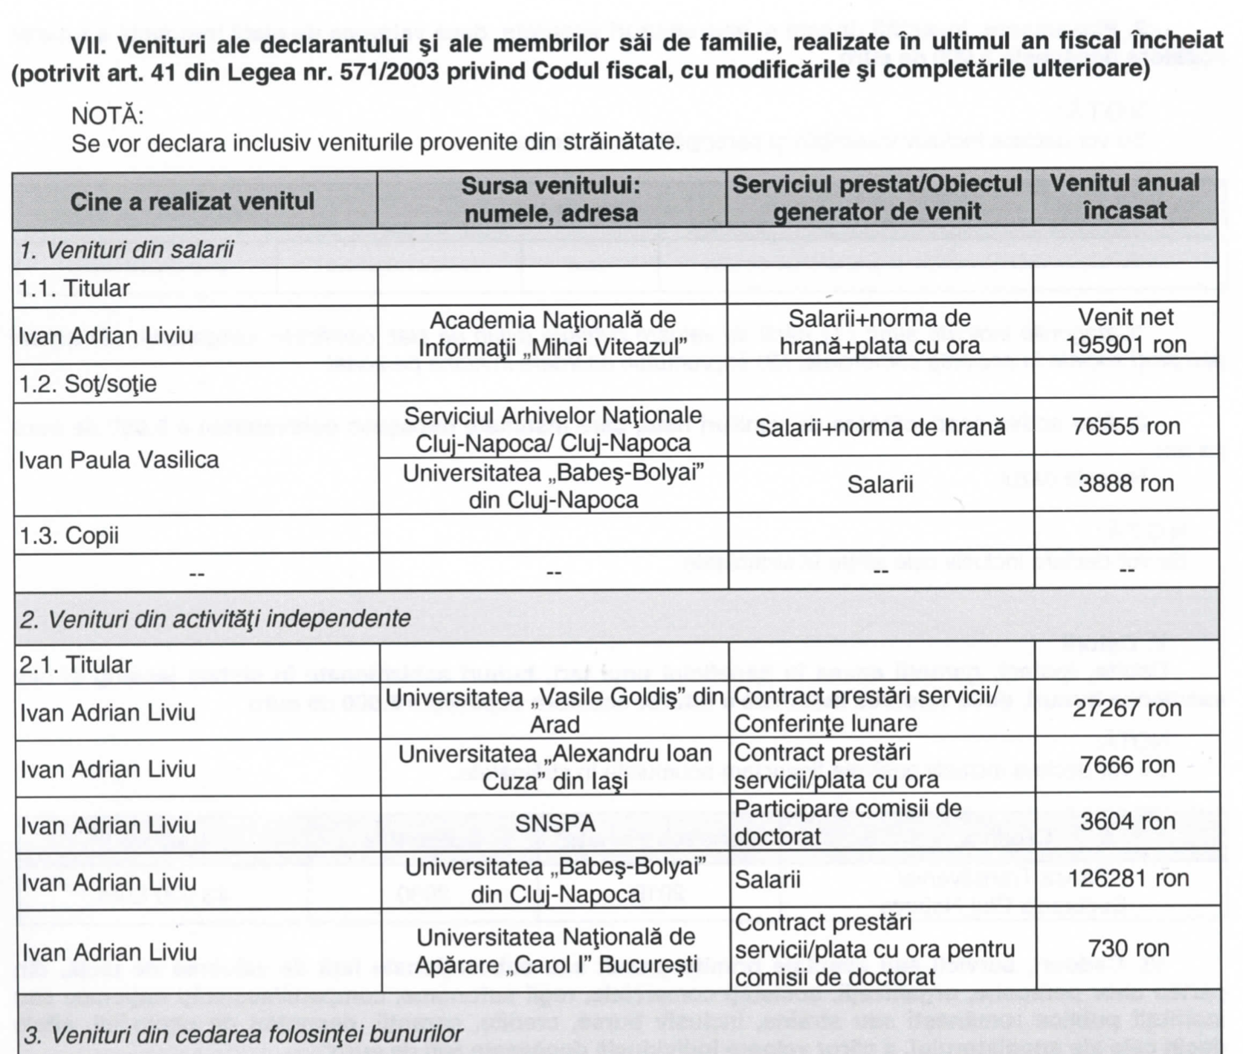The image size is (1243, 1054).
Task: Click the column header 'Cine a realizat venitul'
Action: click(192, 201)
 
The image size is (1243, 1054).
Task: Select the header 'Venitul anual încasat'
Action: click(1124, 197)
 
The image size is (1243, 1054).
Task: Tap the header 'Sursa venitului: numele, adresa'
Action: click(551, 199)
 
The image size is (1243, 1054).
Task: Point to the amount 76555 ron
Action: click(1126, 427)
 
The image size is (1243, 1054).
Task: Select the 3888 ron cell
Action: click(1126, 484)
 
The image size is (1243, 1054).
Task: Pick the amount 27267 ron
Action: click(1126, 708)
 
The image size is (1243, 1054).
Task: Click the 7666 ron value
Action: click(1127, 765)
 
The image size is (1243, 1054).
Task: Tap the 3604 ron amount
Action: click(1127, 821)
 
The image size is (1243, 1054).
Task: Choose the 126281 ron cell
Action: click(1128, 879)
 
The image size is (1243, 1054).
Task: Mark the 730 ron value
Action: click(1128, 948)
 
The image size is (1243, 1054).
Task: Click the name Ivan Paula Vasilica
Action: click(119, 460)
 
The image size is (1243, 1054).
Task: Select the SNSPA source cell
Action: click(555, 824)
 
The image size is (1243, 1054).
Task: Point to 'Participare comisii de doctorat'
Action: click(847, 822)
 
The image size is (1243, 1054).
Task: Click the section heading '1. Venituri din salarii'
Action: click(126, 250)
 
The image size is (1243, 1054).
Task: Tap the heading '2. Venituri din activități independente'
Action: click(215, 618)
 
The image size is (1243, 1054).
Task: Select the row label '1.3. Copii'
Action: click(69, 535)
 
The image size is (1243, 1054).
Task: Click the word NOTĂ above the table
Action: click(107, 116)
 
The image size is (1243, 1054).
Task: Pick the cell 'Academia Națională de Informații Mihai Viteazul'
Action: click(552, 334)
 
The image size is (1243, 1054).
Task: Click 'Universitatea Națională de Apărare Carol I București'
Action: click(555, 951)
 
